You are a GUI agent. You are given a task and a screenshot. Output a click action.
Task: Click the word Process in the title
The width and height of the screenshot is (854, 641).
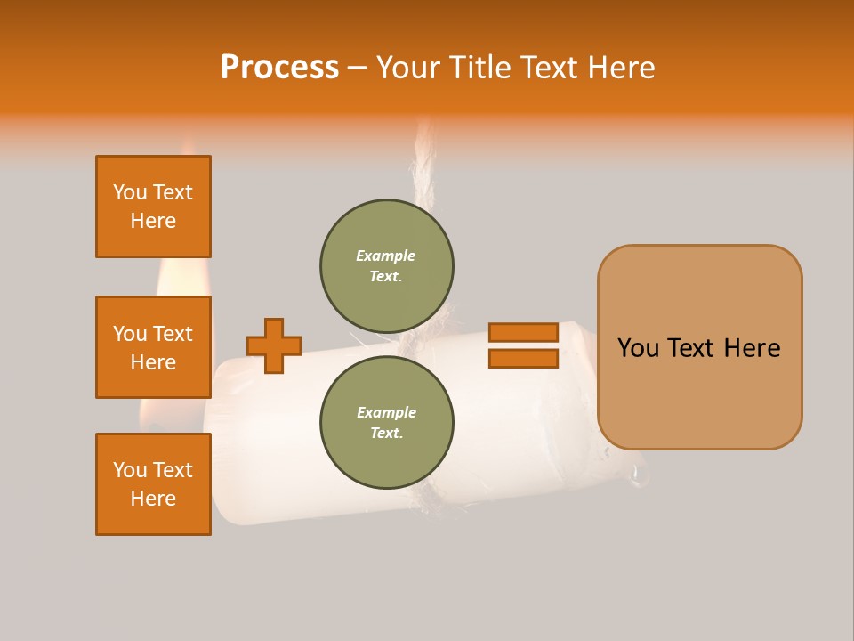coord(279,68)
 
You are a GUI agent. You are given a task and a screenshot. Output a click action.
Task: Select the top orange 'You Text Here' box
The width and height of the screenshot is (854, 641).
coord(153,207)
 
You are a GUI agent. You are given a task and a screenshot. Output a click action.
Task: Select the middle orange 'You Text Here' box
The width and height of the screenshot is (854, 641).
coord(153,347)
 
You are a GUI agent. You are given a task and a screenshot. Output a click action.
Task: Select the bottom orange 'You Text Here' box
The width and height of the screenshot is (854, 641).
coord(153,484)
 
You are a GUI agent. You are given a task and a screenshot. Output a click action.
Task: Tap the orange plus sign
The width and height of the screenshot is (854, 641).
coord(274,345)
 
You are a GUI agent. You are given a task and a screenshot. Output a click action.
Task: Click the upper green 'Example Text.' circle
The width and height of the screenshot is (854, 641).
coord(387,266)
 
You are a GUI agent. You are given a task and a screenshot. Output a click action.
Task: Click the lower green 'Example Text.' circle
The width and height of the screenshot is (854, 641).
coord(387,423)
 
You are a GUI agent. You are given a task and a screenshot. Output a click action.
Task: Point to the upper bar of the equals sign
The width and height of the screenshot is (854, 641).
coord(523,333)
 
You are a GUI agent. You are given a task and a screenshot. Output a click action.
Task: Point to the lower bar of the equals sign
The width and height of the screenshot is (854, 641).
coord(523,359)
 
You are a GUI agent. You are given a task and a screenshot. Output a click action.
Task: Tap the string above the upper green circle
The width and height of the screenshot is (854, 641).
coord(421,169)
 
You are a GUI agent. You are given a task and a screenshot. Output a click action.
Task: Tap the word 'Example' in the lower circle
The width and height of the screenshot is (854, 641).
coord(386,412)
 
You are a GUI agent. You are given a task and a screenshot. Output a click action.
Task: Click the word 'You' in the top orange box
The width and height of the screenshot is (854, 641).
coord(130,192)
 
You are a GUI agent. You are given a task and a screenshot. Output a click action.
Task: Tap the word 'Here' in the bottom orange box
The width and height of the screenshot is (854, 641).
coord(153,499)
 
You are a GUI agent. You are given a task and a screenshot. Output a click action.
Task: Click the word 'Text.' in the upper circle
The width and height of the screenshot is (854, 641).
coord(386,277)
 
